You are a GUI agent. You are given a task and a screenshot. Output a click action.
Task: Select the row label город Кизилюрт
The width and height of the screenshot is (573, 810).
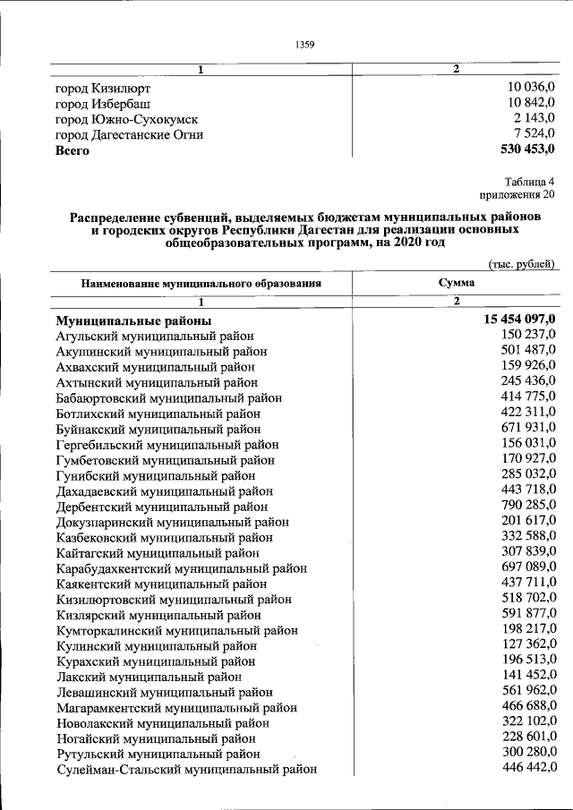pyautogui.click(x=102, y=89)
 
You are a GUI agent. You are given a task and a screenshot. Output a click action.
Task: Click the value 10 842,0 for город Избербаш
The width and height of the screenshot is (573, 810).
pyautogui.click(x=531, y=104)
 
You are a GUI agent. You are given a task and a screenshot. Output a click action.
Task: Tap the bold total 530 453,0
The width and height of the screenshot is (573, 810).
pyautogui.click(x=524, y=149)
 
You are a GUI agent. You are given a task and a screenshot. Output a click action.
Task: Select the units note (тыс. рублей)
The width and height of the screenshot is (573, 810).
pyautogui.click(x=522, y=264)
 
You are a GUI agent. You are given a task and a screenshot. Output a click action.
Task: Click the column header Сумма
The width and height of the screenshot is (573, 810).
pyautogui.click(x=456, y=283)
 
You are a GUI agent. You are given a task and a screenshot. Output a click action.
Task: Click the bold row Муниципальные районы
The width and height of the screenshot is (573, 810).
pyautogui.click(x=133, y=320)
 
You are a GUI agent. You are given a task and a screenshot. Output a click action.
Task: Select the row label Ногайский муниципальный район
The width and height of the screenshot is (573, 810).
pyautogui.click(x=155, y=738)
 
